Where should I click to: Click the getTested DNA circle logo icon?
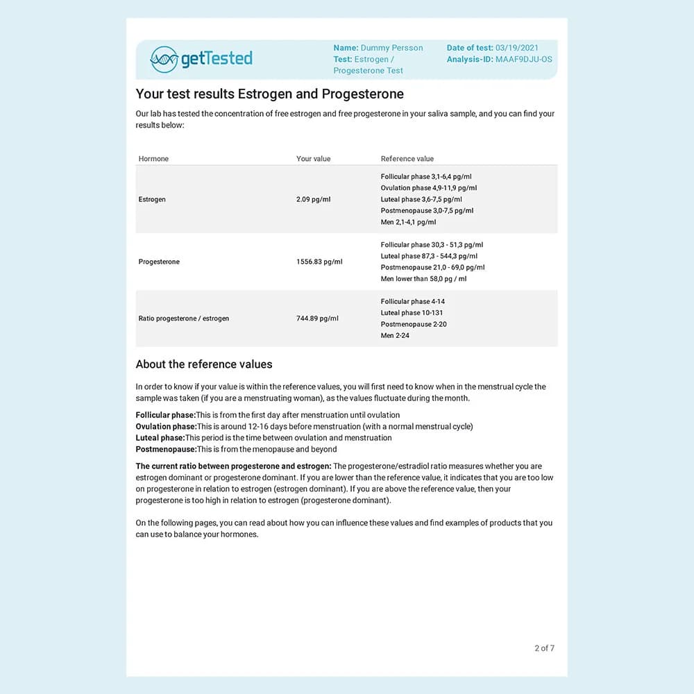tap(164, 59)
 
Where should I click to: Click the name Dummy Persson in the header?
tap(391, 48)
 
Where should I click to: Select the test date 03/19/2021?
tap(517, 48)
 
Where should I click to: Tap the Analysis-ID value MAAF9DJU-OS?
tap(524, 59)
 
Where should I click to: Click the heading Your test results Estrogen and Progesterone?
tap(269, 94)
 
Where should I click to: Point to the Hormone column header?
tap(153, 159)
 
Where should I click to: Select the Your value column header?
tap(313, 159)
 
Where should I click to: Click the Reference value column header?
tap(407, 159)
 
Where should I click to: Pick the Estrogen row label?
tap(152, 199)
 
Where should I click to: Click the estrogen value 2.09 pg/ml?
tap(313, 199)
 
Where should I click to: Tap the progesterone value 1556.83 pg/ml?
tap(319, 262)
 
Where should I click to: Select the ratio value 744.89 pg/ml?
tap(317, 319)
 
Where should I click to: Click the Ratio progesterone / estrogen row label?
tap(184, 319)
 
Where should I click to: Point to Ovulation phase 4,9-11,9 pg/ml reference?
tap(428, 188)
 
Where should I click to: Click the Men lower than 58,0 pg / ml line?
tap(423, 279)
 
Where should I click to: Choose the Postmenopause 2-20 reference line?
tap(414, 324)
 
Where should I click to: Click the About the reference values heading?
tap(204, 364)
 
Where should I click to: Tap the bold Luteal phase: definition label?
tap(160, 438)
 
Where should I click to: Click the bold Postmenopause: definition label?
tap(166, 449)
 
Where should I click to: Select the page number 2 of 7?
tap(544, 648)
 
